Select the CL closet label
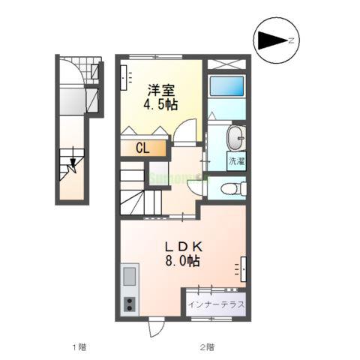click(x=142, y=148)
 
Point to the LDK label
click(x=183, y=246)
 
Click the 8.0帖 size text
click(x=183, y=262)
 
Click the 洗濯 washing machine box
click(x=237, y=160)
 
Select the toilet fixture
click(x=231, y=188)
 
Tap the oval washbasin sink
click(x=234, y=137)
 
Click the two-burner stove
click(x=129, y=304)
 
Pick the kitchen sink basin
click(x=129, y=277)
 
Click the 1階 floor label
click(x=79, y=346)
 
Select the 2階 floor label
click(x=208, y=346)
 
